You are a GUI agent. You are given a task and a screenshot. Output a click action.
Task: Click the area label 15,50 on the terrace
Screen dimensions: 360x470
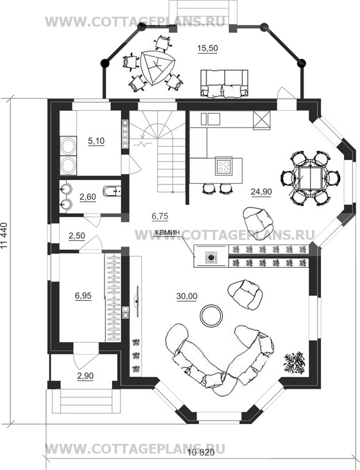(208, 48)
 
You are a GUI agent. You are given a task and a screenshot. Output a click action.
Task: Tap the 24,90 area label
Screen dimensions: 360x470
(261, 191)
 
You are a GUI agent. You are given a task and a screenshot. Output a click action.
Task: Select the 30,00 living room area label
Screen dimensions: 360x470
(187, 296)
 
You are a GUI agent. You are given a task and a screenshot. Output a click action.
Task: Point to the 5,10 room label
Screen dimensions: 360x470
(96, 141)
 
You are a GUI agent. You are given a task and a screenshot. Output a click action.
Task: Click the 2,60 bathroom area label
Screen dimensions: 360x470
(88, 197)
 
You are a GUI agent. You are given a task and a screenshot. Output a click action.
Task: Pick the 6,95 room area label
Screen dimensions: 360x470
(83, 296)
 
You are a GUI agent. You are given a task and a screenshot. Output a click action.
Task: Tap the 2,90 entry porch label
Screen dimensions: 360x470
(85, 376)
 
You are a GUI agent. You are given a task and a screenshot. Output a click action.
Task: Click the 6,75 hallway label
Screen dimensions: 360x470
(160, 216)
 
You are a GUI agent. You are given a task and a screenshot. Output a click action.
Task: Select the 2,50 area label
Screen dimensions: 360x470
(77, 236)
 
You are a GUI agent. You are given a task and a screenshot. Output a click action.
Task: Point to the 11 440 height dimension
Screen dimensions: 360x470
(4, 236)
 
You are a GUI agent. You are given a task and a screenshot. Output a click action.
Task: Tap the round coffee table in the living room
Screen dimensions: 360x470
(211, 316)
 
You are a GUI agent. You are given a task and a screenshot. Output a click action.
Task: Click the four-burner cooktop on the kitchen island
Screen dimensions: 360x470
(224, 166)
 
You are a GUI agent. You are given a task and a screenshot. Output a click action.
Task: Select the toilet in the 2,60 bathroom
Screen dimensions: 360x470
(112, 191)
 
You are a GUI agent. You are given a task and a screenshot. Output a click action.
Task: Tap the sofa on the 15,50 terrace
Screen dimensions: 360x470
(224, 84)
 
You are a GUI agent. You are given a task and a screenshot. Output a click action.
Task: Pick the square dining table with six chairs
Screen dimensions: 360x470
(310, 178)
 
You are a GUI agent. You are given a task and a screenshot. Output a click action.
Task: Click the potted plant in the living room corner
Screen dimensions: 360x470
(295, 363)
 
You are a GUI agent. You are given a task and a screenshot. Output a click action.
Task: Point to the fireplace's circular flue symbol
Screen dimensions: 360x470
(211, 257)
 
